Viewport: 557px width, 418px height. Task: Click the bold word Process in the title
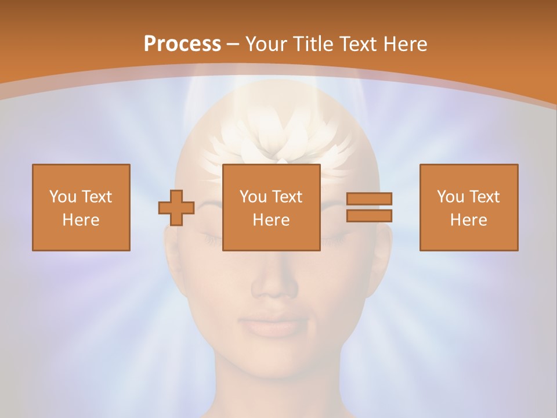tap(182, 44)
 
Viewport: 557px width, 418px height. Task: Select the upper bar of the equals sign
tap(369, 199)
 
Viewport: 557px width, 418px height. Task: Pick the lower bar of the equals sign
tap(369, 216)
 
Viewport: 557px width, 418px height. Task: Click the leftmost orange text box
tap(81, 208)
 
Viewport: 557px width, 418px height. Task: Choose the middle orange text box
tap(272, 208)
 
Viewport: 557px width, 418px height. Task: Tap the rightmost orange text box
tap(469, 208)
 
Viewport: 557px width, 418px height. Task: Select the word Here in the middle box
tap(272, 220)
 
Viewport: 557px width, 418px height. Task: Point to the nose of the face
tap(274, 284)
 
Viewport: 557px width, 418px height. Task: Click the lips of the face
tap(274, 325)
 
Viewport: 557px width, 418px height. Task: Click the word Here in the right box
tap(469, 220)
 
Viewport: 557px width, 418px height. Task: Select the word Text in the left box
tap(97, 197)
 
